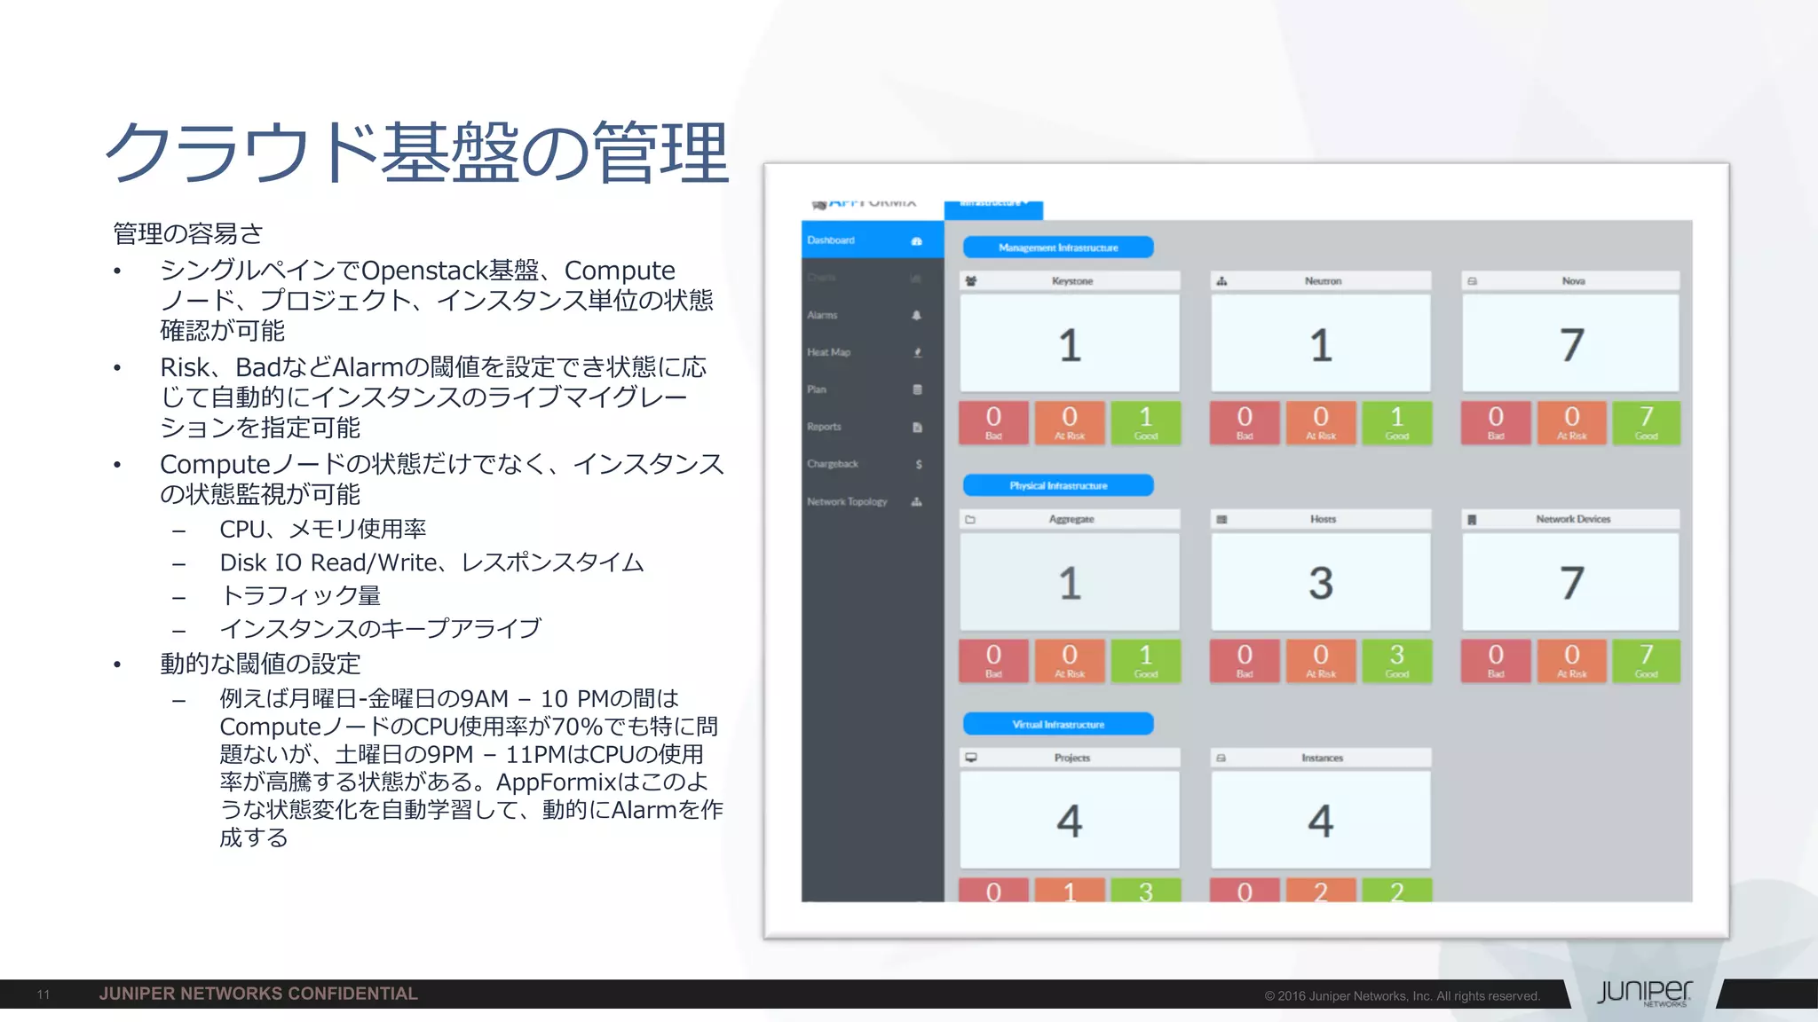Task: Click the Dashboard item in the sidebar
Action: coord(832,240)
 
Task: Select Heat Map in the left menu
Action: coord(829,352)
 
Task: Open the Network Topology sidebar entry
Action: coord(848,501)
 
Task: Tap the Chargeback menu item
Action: coord(833,464)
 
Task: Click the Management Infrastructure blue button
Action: coord(1058,248)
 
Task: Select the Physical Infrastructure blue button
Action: coord(1058,485)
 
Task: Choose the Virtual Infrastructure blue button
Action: coord(1058,724)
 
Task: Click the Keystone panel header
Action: coord(1071,281)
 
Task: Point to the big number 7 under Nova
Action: coord(1571,344)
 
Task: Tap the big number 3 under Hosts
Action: coord(1321,583)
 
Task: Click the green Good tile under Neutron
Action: coord(1396,422)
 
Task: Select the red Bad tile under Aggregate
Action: coord(993,661)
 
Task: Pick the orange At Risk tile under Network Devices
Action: coord(1571,661)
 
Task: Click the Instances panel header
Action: coord(1321,758)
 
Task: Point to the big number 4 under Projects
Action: coord(1070,821)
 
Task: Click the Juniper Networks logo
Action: coord(1644,993)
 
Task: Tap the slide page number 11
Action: coord(43,994)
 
